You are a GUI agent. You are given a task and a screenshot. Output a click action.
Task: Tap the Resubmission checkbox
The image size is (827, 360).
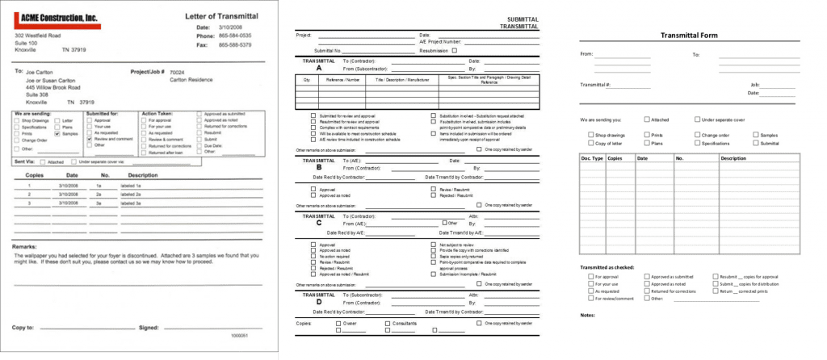pos(455,50)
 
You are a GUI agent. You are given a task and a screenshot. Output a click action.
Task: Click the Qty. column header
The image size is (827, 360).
pos(306,81)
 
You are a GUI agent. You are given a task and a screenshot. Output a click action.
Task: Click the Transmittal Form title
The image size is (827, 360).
pos(690,36)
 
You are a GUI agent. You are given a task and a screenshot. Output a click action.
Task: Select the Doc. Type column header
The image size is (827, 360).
pos(592,158)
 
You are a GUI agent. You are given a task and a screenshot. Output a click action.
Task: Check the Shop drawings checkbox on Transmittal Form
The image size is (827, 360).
pos(592,135)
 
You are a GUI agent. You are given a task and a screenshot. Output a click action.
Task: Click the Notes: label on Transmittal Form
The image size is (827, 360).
pos(588,315)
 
